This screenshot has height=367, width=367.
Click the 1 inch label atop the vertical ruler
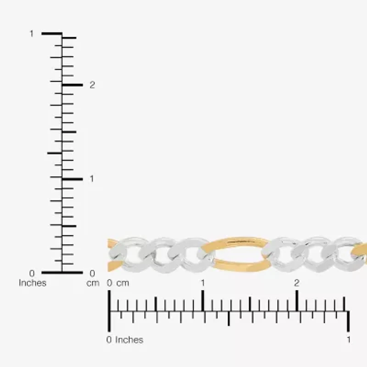pos(32,33)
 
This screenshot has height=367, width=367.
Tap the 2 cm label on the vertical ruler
pos(92,85)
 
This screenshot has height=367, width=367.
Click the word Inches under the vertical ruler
pos(33,283)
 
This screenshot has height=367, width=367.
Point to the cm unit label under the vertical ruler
pos(93,283)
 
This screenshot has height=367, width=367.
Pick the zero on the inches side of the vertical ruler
pos(32,273)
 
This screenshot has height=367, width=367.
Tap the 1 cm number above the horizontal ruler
pos(203,283)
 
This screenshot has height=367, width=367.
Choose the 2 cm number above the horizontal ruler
pos(297,283)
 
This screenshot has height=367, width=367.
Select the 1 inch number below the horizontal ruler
pos(349,340)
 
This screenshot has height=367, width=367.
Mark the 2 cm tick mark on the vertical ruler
pos(72,85)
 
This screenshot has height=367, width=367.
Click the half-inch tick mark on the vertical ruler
pos(54,153)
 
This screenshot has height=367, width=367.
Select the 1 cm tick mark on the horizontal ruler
pos(203,301)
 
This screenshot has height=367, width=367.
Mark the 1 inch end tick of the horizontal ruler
pos(349,321)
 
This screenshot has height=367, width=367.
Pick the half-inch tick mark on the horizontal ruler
pos(229,319)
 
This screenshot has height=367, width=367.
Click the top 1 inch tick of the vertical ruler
pos(51,33)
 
